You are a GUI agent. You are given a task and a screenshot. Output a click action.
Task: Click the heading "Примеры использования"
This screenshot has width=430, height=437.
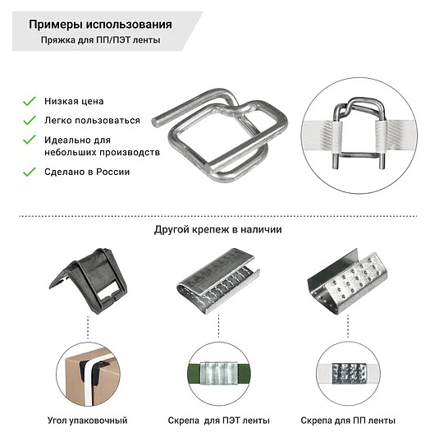pyautogui.click(x=100, y=25)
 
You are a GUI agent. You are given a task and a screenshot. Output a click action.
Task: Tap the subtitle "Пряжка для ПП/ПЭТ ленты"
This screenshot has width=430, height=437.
pyautogui.click(x=100, y=40)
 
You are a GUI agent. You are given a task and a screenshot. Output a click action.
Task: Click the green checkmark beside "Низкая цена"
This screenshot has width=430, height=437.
pyautogui.click(x=30, y=101)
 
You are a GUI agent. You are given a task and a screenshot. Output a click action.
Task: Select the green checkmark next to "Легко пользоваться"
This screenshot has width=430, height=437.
pyautogui.click(x=30, y=121)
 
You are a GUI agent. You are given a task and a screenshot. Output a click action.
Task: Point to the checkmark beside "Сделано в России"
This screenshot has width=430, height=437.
pyautogui.click(x=30, y=172)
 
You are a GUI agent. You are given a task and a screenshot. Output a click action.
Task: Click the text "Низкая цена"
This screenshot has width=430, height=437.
pyautogui.click(x=74, y=101)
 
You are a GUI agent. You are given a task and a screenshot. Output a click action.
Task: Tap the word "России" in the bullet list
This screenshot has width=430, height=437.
pyautogui.click(x=112, y=172)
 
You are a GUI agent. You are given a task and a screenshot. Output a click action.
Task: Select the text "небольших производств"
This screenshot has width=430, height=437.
pyautogui.click(x=102, y=153)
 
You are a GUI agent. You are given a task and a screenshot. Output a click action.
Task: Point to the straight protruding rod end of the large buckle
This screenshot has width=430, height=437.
pyautogui.click(x=157, y=122)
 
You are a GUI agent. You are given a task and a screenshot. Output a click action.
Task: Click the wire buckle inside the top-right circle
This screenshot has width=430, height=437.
pyautogui.click(x=359, y=132)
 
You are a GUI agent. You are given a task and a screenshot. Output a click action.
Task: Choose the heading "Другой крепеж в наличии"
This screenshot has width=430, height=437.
pyautogui.click(x=217, y=230)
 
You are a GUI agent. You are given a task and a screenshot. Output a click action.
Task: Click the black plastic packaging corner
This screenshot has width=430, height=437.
pyautogui.click(x=89, y=281)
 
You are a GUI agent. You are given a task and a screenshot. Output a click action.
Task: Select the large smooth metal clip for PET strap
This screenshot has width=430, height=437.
pyautogui.click(x=218, y=281)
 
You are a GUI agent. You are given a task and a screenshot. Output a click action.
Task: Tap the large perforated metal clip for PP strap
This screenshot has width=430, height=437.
pyautogui.click(x=347, y=282)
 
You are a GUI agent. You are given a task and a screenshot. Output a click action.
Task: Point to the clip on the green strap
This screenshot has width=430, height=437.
pyautogui.click(x=219, y=374)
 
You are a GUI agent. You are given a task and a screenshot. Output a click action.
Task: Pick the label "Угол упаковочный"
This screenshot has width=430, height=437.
pyautogui.click(x=88, y=421)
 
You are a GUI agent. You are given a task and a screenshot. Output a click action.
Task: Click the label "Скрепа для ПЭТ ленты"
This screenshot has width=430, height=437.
pyautogui.click(x=218, y=421)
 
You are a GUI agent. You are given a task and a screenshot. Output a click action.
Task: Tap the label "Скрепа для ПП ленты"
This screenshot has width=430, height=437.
pyautogui.click(x=348, y=421)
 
